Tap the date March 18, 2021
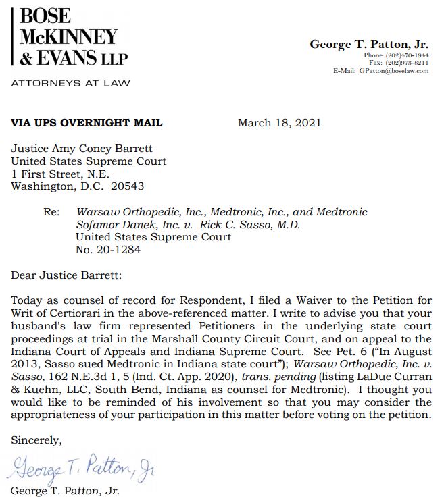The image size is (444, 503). coord(279,123)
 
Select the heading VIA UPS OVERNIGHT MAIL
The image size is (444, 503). coord(87,123)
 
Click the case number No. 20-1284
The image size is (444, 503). coord(108,250)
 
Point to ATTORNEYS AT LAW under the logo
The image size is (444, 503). coord(70,83)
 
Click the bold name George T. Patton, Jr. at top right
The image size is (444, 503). coord(369,45)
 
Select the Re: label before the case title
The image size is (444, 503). coord(52,212)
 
